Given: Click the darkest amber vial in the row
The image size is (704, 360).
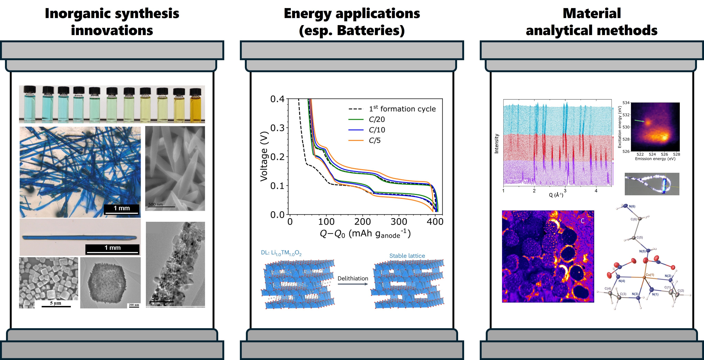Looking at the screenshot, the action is coord(195,105).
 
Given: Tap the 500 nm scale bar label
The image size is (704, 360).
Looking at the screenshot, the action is coord(156,204).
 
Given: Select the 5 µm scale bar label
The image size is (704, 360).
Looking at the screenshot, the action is coord(56,303).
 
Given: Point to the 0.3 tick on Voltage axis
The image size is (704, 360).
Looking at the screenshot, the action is coord(277,128).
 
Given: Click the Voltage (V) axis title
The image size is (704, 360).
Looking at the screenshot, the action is coord(264,156).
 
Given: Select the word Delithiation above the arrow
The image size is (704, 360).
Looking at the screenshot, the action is coord(353,278).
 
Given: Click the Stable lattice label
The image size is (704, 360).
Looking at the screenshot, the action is coord(407,256).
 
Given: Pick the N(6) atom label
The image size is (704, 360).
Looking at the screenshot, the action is coord(632,206).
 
